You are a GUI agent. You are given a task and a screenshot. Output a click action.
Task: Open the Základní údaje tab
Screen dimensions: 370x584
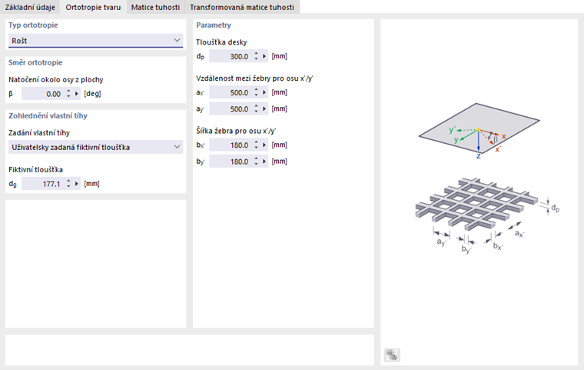(x=30, y=7)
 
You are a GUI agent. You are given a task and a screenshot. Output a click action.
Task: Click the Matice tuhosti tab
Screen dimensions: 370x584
(x=154, y=7)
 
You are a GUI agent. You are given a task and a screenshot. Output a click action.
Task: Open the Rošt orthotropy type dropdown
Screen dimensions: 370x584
(x=96, y=40)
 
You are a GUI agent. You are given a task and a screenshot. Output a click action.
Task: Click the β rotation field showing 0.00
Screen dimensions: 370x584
(x=43, y=94)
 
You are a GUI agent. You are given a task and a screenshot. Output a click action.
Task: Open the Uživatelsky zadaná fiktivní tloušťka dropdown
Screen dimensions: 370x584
(x=96, y=147)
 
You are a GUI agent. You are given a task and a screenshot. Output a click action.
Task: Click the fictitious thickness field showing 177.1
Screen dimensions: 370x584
(x=43, y=184)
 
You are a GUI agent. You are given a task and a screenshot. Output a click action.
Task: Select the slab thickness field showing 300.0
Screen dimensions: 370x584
(x=230, y=56)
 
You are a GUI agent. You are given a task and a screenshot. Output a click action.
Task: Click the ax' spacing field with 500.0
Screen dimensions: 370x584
(x=230, y=92)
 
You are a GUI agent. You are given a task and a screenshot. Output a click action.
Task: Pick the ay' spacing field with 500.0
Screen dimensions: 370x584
(x=230, y=108)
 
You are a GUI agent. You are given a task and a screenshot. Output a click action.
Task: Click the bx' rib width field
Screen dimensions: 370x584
(x=230, y=145)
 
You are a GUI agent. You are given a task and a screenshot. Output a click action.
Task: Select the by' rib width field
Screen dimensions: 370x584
(x=230, y=162)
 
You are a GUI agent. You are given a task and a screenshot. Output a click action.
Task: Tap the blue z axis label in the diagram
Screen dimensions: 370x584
(x=478, y=155)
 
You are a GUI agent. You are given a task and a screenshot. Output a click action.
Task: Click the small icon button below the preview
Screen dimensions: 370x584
(x=392, y=355)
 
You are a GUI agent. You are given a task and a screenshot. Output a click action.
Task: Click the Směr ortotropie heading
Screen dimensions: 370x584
(x=35, y=62)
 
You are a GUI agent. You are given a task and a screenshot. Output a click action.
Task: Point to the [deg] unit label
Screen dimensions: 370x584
(x=92, y=94)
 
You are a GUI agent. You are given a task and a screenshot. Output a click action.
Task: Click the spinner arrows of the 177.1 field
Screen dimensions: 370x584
(x=68, y=184)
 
